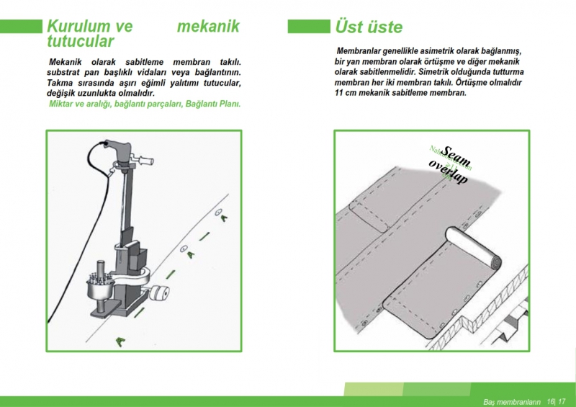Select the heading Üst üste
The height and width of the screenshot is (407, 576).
(x=369, y=27)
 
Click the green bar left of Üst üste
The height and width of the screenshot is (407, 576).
(x=308, y=27)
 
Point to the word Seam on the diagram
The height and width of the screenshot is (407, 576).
(x=456, y=153)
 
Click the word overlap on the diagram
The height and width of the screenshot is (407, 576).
(x=449, y=171)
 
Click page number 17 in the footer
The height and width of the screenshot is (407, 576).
(x=562, y=401)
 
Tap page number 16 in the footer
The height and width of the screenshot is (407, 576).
(x=551, y=401)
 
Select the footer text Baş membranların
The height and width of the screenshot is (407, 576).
(x=511, y=401)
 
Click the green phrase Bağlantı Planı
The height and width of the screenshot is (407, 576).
(x=212, y=104)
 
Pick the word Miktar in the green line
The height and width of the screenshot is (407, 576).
(x=63, y=104)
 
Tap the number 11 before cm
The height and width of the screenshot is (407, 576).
(x=341, y=94)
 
